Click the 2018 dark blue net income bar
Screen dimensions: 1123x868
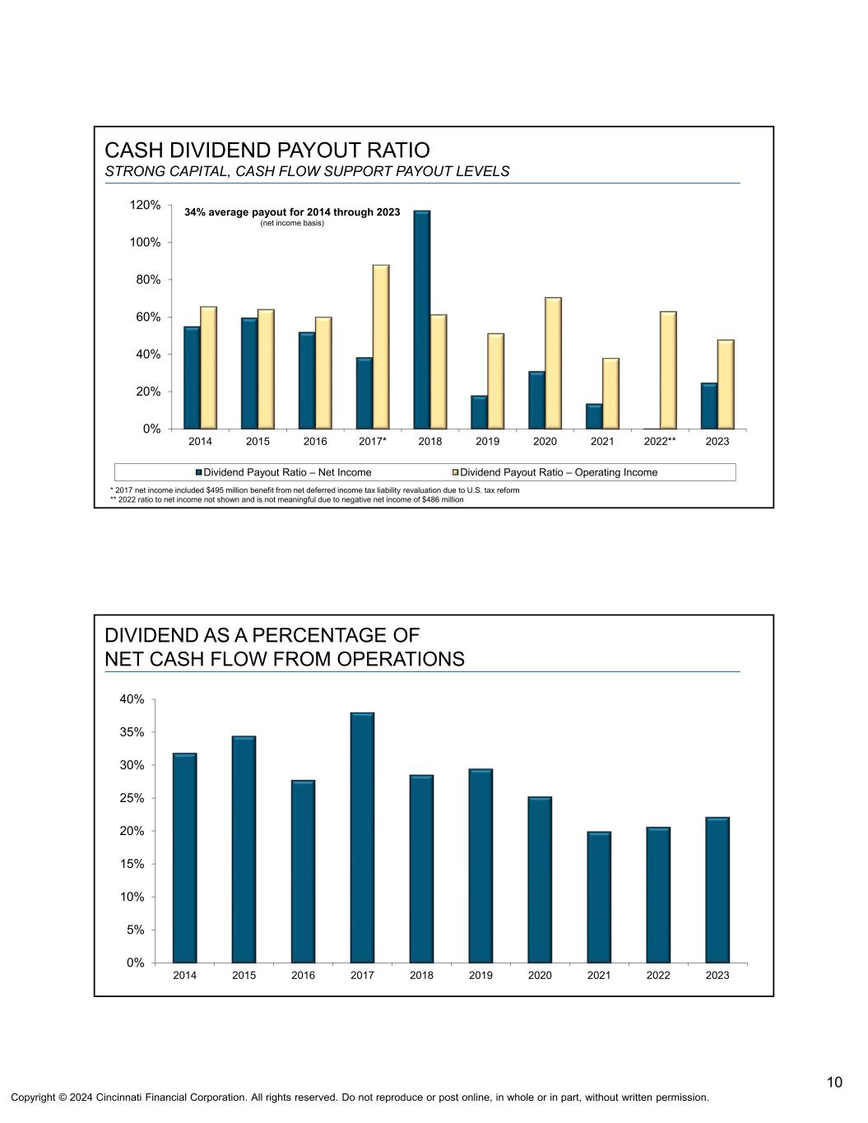point(421,320)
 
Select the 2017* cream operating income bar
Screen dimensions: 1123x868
point(381,346)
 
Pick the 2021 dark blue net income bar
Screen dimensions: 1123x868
point(594,416)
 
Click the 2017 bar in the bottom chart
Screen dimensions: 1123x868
point(362,838)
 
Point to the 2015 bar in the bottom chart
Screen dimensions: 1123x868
point(244,849)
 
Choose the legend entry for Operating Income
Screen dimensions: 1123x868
point(559,472)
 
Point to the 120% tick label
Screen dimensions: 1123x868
point(145,205)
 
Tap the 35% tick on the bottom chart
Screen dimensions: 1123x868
point(132,732)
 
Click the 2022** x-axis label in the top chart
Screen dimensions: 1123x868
point(659,442)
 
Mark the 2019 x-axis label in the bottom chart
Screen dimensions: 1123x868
point(480,976)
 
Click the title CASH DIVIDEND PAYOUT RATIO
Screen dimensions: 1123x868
point(267,151)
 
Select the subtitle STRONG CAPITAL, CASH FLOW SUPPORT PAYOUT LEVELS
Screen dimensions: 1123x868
point(307,171)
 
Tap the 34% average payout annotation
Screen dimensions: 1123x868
point(292,212)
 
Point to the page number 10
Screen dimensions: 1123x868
point(834,1082)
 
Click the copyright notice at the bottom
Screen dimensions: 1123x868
point(360,1097)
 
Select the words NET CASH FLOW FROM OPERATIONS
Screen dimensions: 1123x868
point(285,659)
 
